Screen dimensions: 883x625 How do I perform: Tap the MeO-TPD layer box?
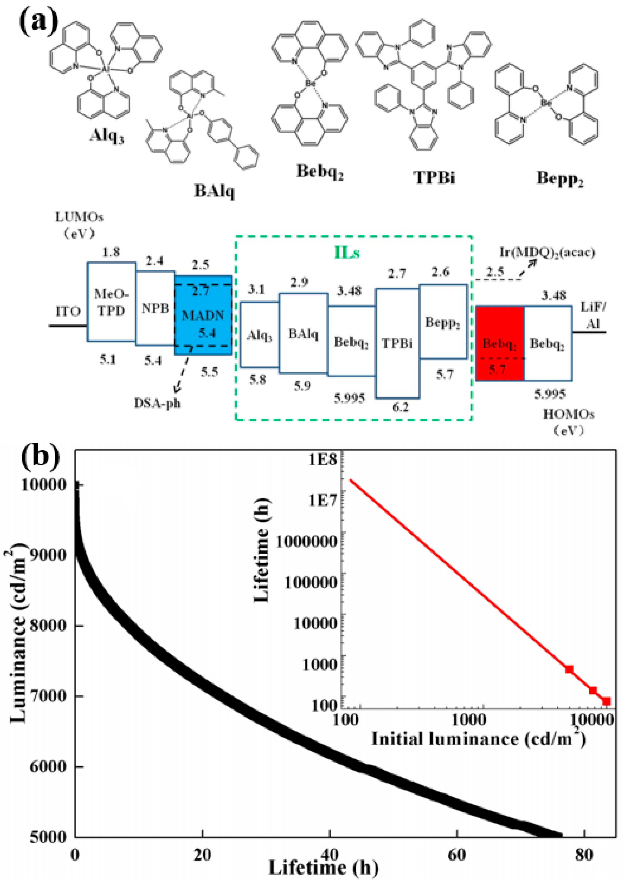(x=111, y=302)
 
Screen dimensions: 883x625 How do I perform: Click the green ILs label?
(x=346, y=253)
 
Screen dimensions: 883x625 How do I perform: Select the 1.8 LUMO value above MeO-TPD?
(x=111, y=252)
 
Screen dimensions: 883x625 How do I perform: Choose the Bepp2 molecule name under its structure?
(x=560, y=179)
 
